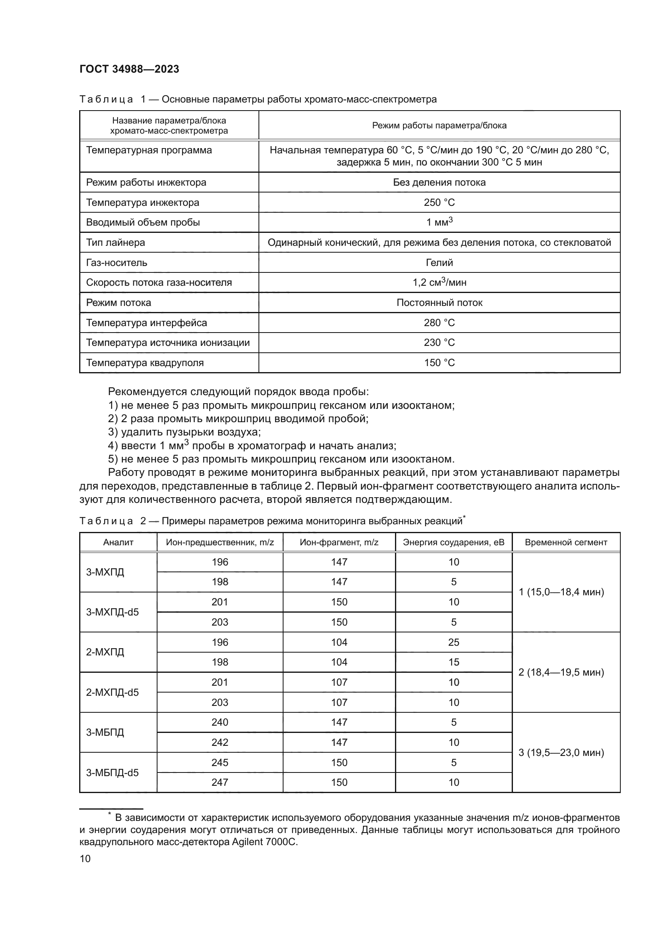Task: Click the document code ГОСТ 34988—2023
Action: pos(129,69)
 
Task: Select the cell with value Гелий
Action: pos(439,262)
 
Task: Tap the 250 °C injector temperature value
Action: pos(439,202)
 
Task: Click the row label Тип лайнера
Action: pos(116,242)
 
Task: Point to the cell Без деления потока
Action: pos(439,182)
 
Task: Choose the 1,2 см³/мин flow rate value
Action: pos(439,283)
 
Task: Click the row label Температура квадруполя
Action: pos(145,363)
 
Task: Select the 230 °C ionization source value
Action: pos(439,343)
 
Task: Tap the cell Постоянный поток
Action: pos(439,303)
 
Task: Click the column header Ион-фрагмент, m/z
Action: pos(339,542)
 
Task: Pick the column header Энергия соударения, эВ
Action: pos(453,542)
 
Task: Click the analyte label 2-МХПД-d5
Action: pos(112,693)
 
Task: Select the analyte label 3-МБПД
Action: pos(105,732)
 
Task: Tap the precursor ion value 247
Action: pos(220,782)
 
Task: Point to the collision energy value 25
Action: pos(453,642)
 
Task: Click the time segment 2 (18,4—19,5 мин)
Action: pos(561,672)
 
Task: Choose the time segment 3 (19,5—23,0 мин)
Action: pos(561,752)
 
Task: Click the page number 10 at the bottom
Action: pos(85,858)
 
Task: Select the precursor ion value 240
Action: pos(220,722)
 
